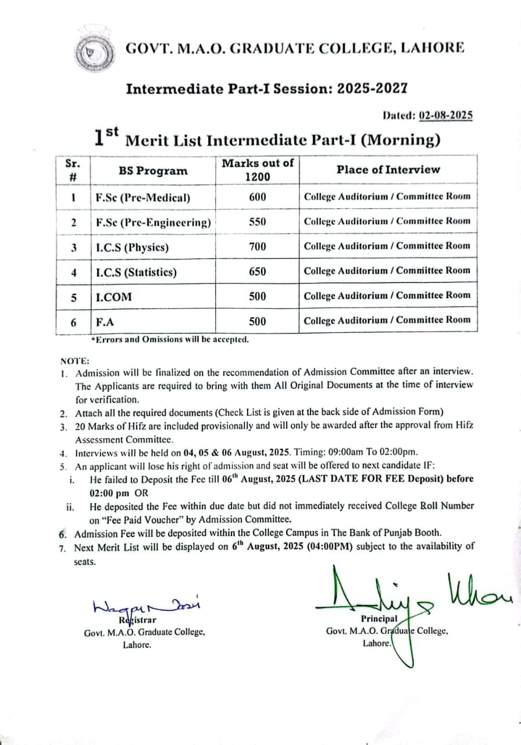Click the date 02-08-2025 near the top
click(x=445, y=115)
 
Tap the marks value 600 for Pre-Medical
click(x=257, y=197)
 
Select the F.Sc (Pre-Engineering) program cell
click(x=153, y=222)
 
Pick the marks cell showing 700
click(x=257, y=247)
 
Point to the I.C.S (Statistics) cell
click(x=136, y=272)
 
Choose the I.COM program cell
click(x=114, y=297)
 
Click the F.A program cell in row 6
click(x=105, y=321)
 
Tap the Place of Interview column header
click(x=388, y=169)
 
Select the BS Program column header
click(x=153, y=171)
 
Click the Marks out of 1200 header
click(x=257, y=169)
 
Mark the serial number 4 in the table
click(x=73, y=272)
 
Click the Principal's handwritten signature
click(x=407, y=594)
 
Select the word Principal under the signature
click(x=379, y=619)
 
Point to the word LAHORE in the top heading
click(x=431, y=48)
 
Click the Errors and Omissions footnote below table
click(x=170, y=339)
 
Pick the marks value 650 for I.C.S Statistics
click(x=257, y=272)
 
